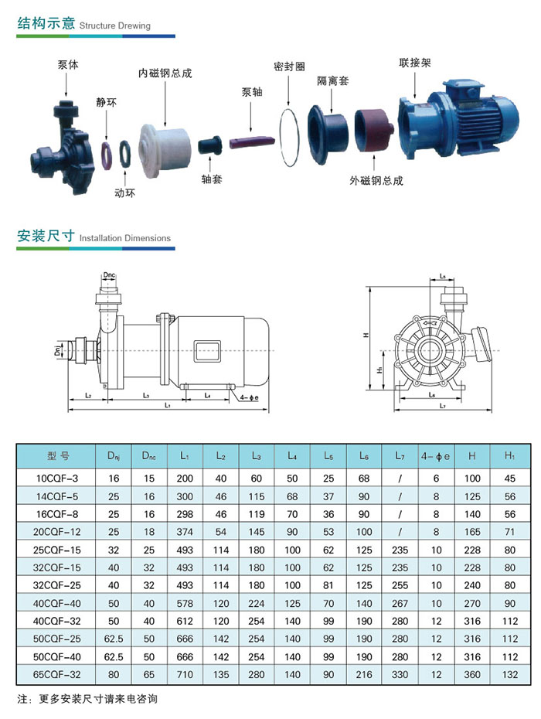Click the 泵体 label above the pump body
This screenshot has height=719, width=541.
(68, 65)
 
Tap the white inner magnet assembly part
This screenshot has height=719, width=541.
(165, 150)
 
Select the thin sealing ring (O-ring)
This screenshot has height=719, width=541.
(289, 137)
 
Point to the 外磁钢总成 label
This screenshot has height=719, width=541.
(376, 181)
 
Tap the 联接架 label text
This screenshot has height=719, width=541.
(415, 63)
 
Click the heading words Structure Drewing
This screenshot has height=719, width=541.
(114, 26)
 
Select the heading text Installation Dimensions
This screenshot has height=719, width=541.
(124, 238)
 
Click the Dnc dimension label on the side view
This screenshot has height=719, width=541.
(109, 275)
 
